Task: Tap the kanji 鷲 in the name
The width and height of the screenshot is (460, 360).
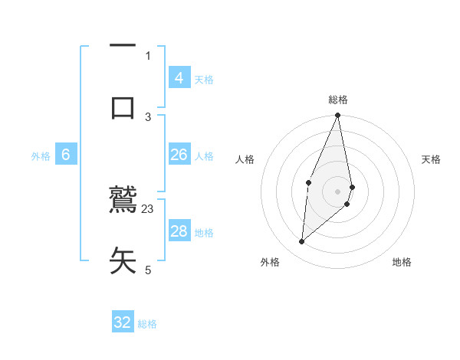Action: (x=123, y=201)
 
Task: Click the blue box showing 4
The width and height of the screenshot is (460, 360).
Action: (x=179, y=77)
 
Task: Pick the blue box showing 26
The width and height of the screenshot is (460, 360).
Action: (x=179, y=155)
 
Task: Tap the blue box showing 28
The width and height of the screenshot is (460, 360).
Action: (x=179, y=231)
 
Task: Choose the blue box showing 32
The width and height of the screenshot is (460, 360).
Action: (x=123, y=322)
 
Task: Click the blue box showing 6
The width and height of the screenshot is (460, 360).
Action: (x=66, y=155)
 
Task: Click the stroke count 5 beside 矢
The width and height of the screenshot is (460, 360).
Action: (x=148, y=270)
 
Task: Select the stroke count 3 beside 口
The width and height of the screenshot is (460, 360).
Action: (x=148, y=116)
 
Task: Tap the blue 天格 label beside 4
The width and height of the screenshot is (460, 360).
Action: (x=204, y=79)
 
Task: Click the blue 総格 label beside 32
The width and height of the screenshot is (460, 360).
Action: (x=148, y=324)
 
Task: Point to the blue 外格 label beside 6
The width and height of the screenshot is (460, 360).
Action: (x=41, y=156)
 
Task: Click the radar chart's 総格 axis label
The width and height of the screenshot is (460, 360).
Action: (x=338, y=100)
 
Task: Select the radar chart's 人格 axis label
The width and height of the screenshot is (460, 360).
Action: (x=245, y=159)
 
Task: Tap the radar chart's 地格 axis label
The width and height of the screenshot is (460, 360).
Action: (x=402, y=262)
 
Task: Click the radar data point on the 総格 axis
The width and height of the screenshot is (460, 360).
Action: (x=338, y=116)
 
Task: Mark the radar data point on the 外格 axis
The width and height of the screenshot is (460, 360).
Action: (x=302, y=241)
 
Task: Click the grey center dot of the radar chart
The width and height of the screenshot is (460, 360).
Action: (x=338, y=191)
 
